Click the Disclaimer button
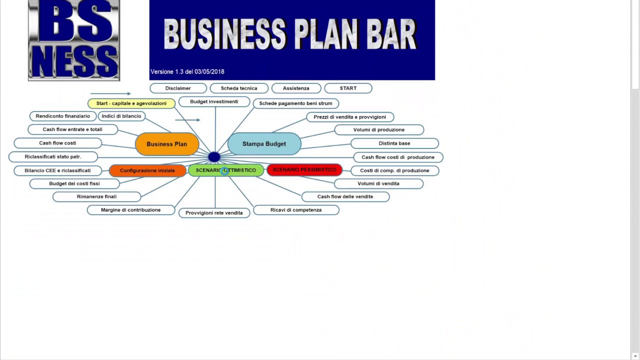click(x=178, y=88)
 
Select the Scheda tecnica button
click(x=239, y=88)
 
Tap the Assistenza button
click(x=296, y=88)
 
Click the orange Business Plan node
click(x=167, y=144)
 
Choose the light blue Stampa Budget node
click(x=264, y=144)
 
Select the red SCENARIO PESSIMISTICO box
click(x=304, y=170)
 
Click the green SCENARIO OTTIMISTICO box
click(x=226, y=170)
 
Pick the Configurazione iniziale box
click(x=147, y=170)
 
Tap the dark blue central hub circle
click(x=214, y=157)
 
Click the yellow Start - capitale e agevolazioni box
click(x=131, y=103)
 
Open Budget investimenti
click(x=214, y=102)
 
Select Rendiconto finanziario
click(x=63, y=116)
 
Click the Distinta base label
click(x=394, y=143)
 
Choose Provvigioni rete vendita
click(x=214, y=213)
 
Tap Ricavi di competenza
click(x=296, y=210)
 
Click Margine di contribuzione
click(x=131, y=210)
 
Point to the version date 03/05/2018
click(x=209, y=72)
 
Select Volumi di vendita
click(x=378, y=183)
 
